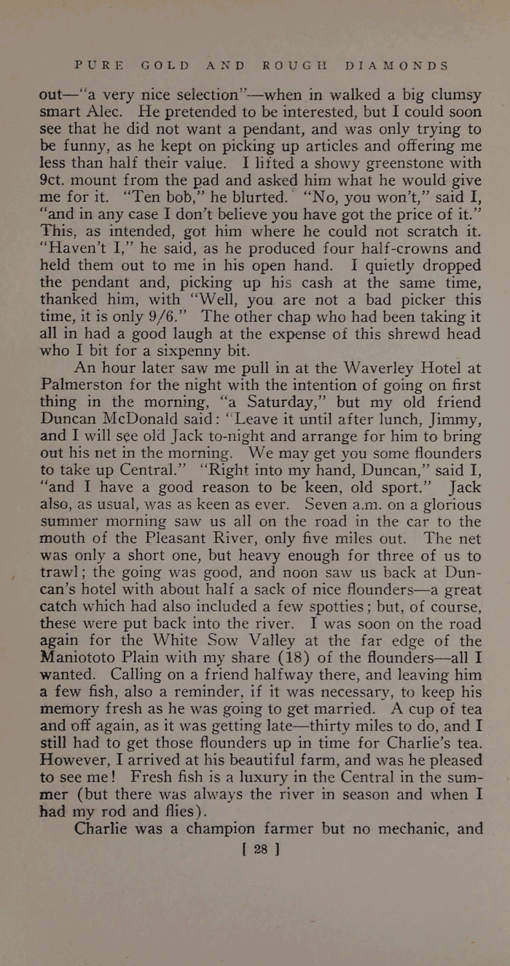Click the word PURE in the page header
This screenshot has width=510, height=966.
(x=99, y=65)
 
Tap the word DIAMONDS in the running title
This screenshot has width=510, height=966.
(x=396, y=65)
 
